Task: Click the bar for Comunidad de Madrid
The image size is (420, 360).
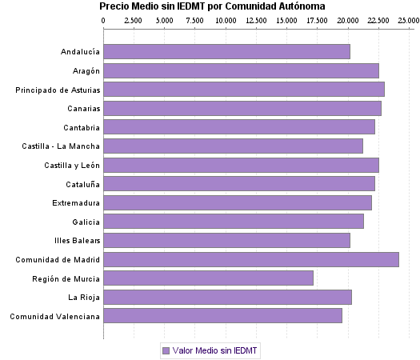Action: click(x=250, y=259)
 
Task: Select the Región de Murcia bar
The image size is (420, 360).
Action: click(x=208, y=278)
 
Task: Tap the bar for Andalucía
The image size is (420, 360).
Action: click(x=226, y=52)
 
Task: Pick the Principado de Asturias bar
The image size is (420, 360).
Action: click(x=244, y=90)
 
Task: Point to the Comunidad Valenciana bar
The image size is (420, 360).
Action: click(x=222, y=316)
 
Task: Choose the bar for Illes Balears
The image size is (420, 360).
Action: click(x=226, y=240)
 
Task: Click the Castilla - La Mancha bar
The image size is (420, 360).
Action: click(x=233, y=146)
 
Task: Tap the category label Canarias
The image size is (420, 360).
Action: click(x=80, y=109)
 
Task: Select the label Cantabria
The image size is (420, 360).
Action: click(x=81, y=128)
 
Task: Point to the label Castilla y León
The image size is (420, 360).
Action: click(x=72, y=166)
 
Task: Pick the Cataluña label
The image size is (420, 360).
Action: click(x=81, y=184)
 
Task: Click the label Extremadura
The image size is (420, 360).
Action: click(x=76, y=203)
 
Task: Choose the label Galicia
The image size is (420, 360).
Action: click(x=85, y=222)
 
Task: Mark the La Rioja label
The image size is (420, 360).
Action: click(x=83, y=298)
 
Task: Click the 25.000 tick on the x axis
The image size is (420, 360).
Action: click(x=408, y=19)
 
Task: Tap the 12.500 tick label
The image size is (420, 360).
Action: click(x=256, y=19)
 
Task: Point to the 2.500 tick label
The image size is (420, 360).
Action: click(x=134, y=19)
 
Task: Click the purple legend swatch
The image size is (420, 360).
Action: click(x=166, y=350)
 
